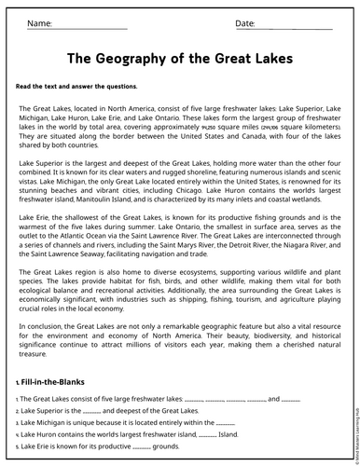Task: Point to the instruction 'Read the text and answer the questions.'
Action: (x=76, y=86)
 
